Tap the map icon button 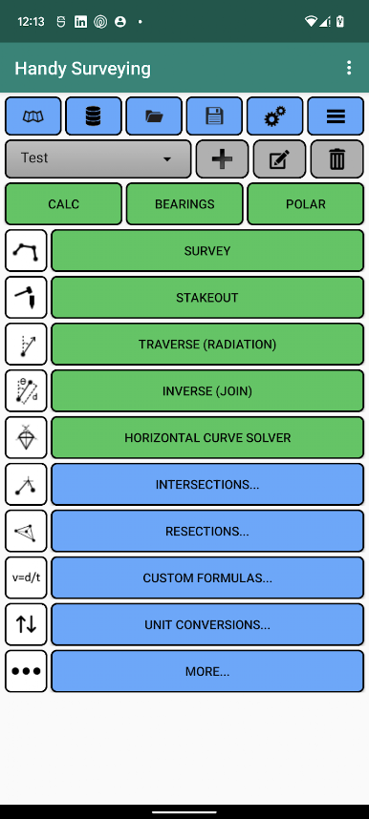tap(33, 115)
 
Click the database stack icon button tap(93, 115)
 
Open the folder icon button tap(154, 115)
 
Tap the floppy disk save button tap(214, 115)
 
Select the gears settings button tap(274, 115)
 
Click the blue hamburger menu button tap(336, 115)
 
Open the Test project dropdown tap(98, 158)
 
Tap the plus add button tap(223, 158)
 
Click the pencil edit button tap(279, 158)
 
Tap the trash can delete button tap(337, 158)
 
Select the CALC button tap(63, 203)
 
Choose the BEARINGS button tap(184, 203)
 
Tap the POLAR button tap(306, 203)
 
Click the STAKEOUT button tap(207, 298)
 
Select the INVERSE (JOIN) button tap(207, 390)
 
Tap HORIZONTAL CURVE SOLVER tap(207, 438)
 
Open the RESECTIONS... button tap(207, 531)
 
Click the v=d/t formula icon tap(26, 577)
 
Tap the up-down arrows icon tap(26, 624)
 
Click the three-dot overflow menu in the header tap(349, 68)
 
